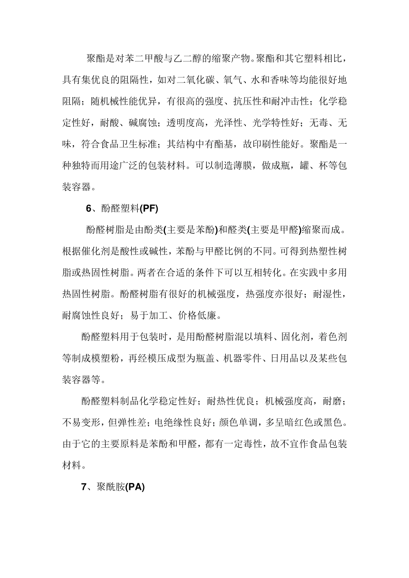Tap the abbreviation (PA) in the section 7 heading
(135, 487)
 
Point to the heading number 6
(89, 209)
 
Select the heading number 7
(84, 487)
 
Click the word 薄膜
(242, 166)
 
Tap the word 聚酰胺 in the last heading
(111, 487)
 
